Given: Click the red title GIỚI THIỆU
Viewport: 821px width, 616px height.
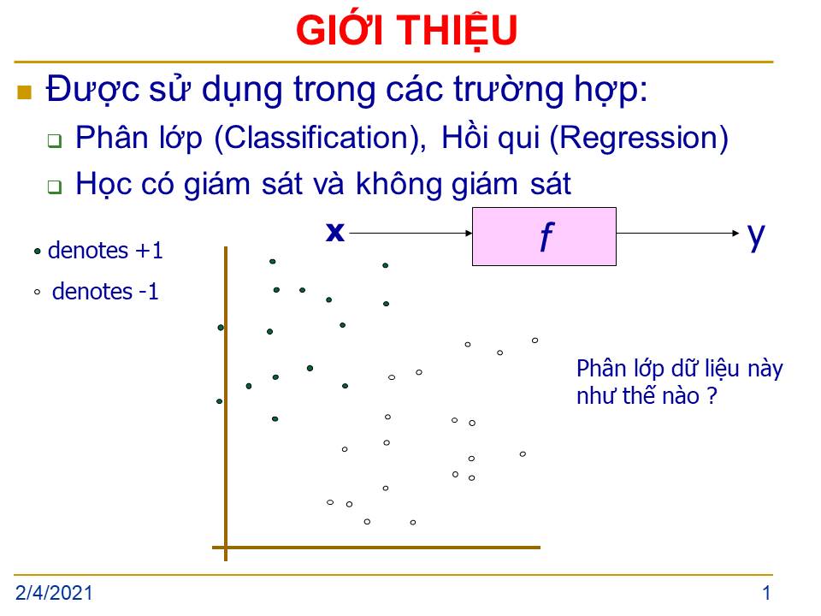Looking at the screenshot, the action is pyautogui.click(x=406, y=31).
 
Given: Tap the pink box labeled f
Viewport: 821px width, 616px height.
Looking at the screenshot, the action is pyautogui.click(x=544, y=237).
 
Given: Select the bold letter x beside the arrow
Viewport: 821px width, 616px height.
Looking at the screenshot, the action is pyautogui.click(x=335, y=232).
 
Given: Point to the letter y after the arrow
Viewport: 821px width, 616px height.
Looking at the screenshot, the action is pyautogui.click(x=756, y=237).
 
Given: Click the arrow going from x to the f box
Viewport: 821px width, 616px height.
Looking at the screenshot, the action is pyautogui.click(x=410, y=233).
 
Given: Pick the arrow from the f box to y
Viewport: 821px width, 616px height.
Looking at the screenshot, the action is pyautogui.click(x=677, y=233).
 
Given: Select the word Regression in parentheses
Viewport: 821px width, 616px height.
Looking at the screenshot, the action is pyautogui.click(x=639, y=139).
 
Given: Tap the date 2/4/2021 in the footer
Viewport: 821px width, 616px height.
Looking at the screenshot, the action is pyautogui.click(x=54, y=593).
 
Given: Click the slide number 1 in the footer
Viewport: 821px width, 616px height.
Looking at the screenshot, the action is pyautogui.click(x=766, y=593).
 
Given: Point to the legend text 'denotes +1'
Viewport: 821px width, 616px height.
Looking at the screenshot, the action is pyautogui.click(x=105, y=251).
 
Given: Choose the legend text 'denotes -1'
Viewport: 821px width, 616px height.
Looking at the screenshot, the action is pyautogui.click(x=105, y=292).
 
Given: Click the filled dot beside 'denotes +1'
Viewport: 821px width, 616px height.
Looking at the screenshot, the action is pyautogui.click(x=37, y=252).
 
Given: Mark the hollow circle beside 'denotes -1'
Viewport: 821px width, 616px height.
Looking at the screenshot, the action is pyautogui.click(x=37, y=293).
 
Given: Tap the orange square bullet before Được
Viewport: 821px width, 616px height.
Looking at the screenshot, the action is pyautogui.click(x=25, y=92).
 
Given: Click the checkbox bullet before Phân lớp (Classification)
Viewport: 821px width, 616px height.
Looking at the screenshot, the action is pyautogui.click(x=55, y=140).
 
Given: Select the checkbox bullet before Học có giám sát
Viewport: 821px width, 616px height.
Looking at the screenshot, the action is pyautogui.click(x=55, y=187).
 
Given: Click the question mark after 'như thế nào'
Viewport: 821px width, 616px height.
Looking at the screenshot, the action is pyautogui.click(x=712, y=395).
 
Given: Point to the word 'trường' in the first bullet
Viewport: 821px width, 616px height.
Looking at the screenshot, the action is pyautogui.click(x=507, y=90).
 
